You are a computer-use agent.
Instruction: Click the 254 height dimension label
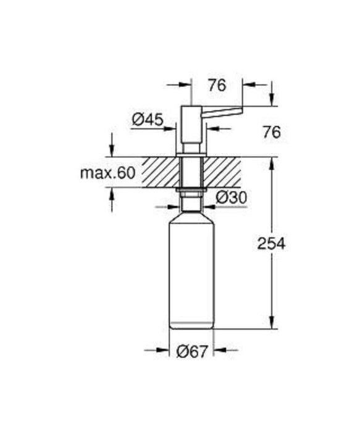[x=271, y=244]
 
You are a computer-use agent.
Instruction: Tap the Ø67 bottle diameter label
[x=191, y=351]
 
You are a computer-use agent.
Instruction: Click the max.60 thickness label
[x=107, y=173]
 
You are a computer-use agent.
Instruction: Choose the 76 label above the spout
[x=216, y=86]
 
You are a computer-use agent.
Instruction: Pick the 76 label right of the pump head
[x=271, y=132]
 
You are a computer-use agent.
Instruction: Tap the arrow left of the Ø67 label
[x=162, y=351]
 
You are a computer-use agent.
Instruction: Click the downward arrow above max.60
[x=111, y=150]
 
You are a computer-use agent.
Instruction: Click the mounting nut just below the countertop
[x=191, y=191]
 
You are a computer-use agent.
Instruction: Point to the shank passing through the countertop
[x=191, y=172]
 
